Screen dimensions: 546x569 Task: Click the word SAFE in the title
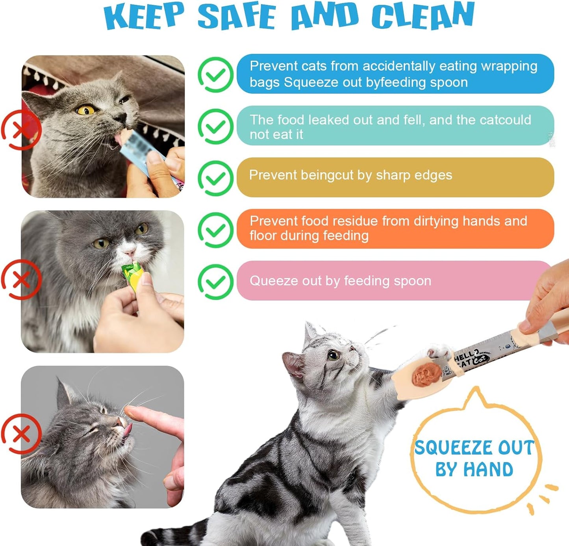[236, 17]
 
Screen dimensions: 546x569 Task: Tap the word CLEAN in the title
[423, 16]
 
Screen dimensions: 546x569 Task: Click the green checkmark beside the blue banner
[215, 75]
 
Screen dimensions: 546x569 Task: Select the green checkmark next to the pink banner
[215, 282]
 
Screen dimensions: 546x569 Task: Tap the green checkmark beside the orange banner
[215, 230]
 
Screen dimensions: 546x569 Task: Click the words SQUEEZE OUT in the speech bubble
[474, 448]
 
